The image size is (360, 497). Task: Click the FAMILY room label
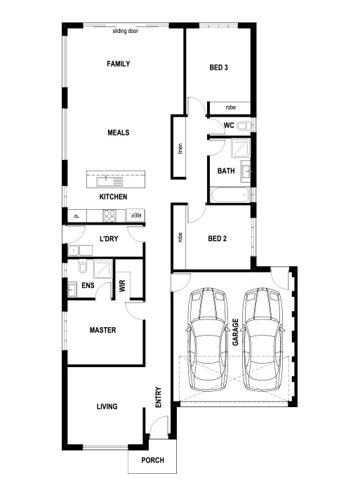click(118, 64)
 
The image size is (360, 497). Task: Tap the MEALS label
click(118, 133)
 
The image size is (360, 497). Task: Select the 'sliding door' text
click(125, 31)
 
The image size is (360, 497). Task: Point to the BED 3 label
click(218, 67)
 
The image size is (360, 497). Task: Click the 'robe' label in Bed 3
click(230, 107)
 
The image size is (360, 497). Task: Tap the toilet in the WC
click(244, 126)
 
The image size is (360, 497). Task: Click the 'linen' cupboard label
click(180, 148)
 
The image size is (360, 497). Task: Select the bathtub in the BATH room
click(230, 194)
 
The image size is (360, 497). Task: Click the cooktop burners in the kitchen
click(109, 216)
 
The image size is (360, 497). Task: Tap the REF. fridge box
click(135, 216)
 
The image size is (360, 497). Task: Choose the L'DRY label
click(109, 239)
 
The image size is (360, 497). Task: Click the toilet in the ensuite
click(83, 267)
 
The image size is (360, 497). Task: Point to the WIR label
click(122, 286)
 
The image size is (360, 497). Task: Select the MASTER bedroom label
click(102, 330)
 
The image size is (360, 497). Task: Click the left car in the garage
click(208, 339)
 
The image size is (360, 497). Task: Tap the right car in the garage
click(262, 339)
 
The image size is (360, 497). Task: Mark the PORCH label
click(153, 460)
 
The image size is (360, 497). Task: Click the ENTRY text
click(159, 397)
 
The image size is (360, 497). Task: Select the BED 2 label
click(218, 239)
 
